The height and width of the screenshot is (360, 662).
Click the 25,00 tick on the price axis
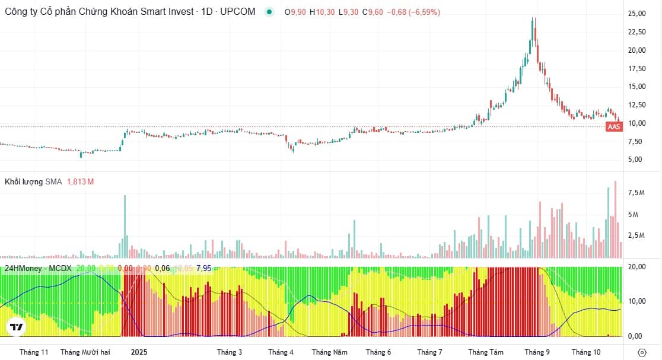coord(637,14)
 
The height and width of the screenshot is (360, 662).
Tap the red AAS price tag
coord(615,127)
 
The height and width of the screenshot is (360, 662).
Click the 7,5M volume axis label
coord(637,193)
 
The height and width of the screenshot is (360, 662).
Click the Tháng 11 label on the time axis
coord(34,352)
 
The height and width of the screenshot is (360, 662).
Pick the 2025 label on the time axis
coord(139,352)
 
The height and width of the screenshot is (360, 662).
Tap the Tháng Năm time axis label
coord(329,352)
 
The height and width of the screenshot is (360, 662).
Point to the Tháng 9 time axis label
coord(537,352)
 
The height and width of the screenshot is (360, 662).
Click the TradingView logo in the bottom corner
coord(16,327)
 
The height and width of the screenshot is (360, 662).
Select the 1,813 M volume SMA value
coord(80,181)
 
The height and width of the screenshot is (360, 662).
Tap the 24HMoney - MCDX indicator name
coord(38,268)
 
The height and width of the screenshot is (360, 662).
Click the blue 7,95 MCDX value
coord(203,268)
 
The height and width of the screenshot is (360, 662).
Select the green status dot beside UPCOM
coord(270,12)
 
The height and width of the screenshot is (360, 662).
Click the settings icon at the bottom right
coord(641,352)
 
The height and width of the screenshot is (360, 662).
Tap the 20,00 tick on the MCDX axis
coord(637,267)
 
